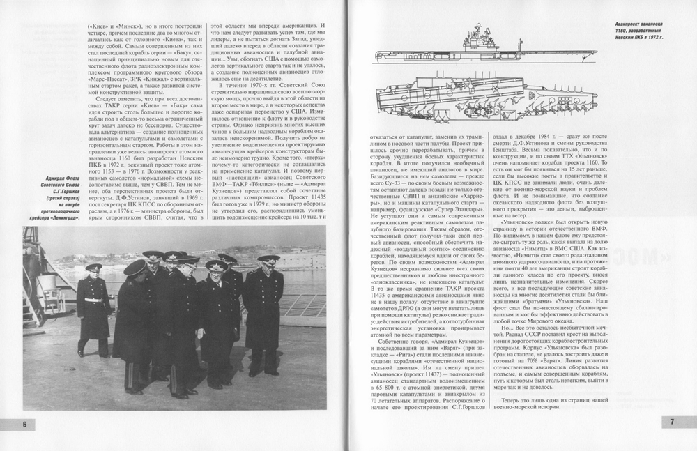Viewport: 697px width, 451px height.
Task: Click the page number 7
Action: (x=672, y=421)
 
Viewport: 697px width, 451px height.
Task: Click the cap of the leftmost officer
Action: (x=93, y=266)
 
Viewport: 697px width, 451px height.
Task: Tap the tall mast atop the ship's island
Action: (x=480, y=31)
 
